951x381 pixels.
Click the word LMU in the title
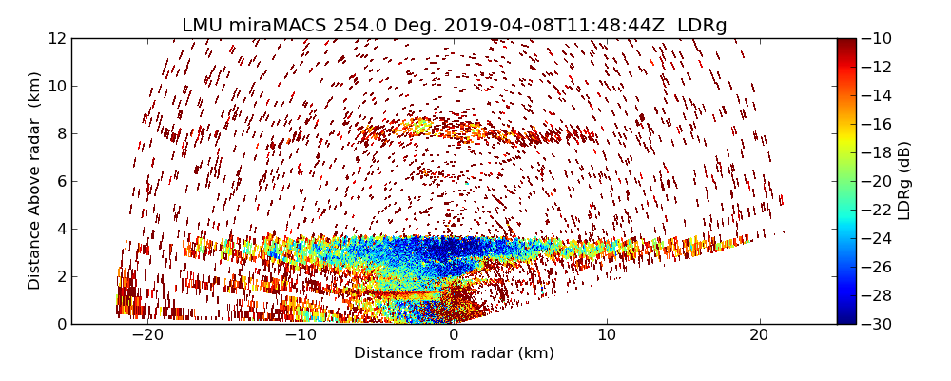[x=204, y=26]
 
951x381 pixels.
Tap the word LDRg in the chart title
[x=702, y=26]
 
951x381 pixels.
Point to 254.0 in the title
[x=358, y=26]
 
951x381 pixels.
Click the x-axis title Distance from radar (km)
[x=454, y=353]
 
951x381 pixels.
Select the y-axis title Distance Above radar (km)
[x=35, y=181]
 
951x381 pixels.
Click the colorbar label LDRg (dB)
[x=904, y=181]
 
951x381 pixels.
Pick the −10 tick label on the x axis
[x=301, y=336]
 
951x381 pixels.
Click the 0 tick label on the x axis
[x=454, y=336]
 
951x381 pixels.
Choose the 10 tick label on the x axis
[x=607, y=336]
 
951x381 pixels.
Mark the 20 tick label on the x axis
[x=759, y=336]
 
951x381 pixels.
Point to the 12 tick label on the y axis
[x=56, y=38]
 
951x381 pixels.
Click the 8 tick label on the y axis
[x=60, y=133]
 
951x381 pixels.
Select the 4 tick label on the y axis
[x=60, y=229]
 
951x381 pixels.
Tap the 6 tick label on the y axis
[x=60, y=181]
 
